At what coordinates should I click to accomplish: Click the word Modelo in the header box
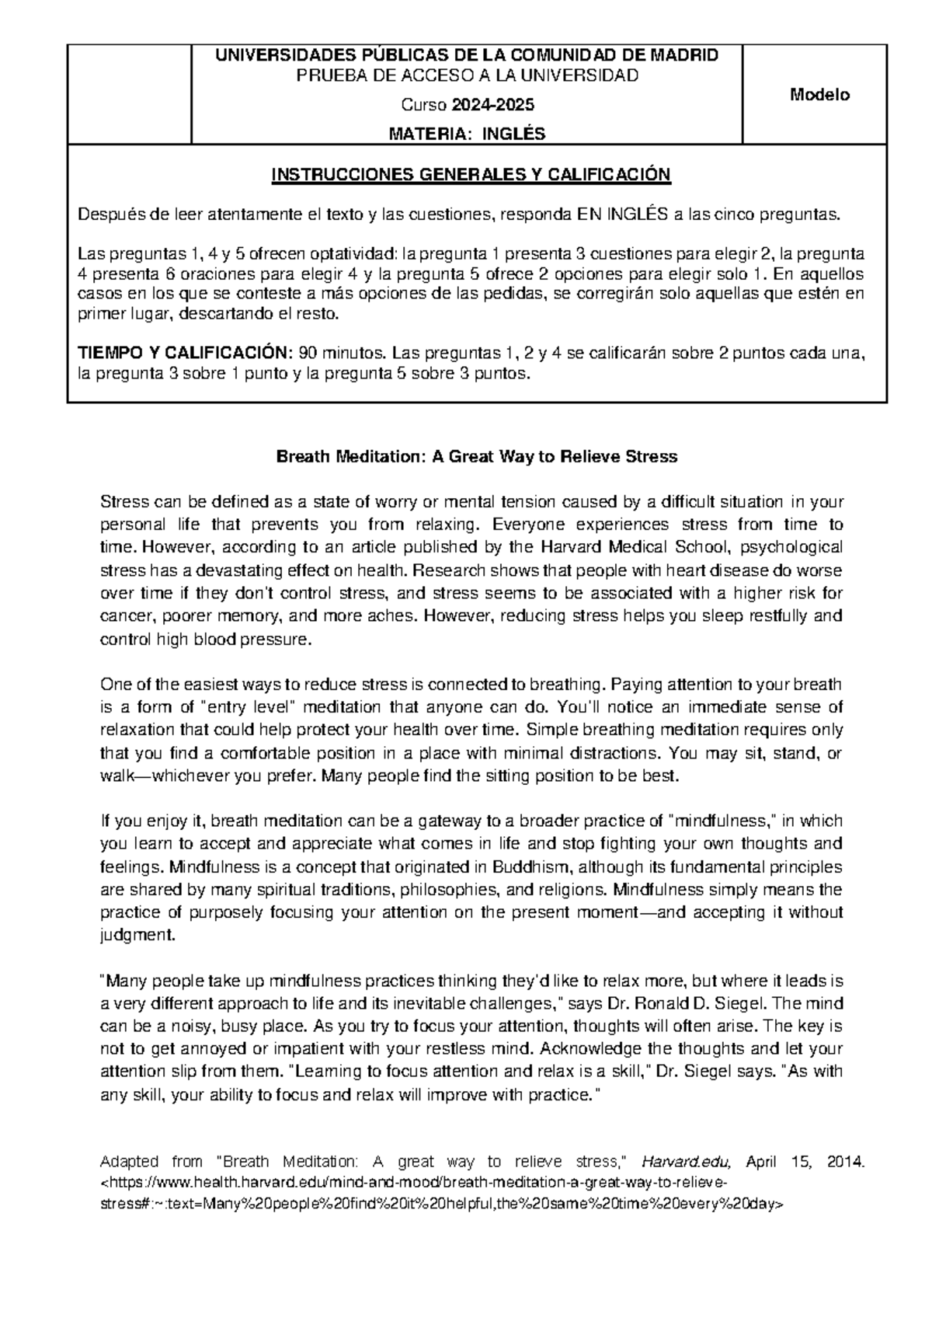(x=819, y=95)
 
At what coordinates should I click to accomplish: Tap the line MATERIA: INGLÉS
(x=467, y=134)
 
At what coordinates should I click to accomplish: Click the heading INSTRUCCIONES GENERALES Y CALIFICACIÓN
(x=469, y=174)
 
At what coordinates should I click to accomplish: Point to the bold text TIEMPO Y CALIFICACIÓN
(x=185, y=353)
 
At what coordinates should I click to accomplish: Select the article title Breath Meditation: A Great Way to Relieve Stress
(x=477, y=456)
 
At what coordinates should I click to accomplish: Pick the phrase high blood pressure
(x=232, y=640)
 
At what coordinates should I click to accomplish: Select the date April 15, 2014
(x=804, y=1162)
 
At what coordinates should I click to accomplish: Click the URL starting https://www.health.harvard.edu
(x=416, y=1184)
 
